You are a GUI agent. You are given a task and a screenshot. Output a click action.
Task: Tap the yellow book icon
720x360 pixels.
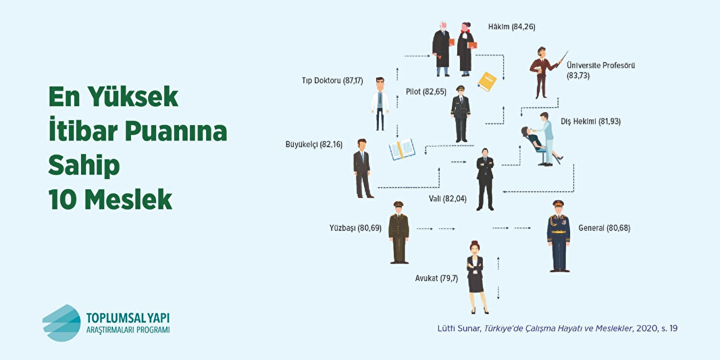(x=487, y=82)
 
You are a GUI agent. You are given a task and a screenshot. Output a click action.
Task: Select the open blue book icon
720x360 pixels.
(x=401, y=149)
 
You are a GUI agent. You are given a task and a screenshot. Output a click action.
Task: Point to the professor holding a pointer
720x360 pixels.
(x=542, y=70)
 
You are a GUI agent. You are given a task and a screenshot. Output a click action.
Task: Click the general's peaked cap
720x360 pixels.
(x=558, y=203)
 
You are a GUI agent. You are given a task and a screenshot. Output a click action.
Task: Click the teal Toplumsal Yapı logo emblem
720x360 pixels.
(x=61, y=322)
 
